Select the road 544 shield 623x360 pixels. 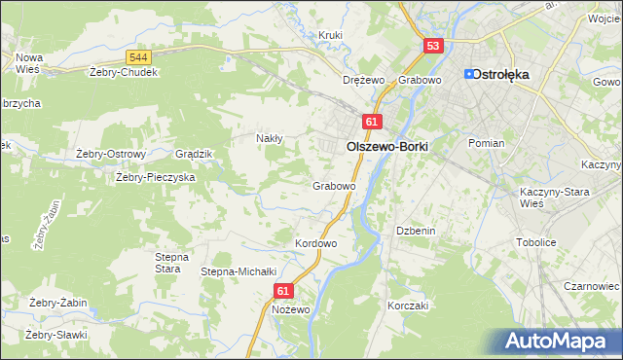point(138,59)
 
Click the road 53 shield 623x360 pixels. point(434,46)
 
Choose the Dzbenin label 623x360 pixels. point(413,231)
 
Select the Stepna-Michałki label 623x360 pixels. point(239,271)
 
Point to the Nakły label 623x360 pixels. point(269,138)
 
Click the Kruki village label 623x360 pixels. point(331,36)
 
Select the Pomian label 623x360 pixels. point(486,143)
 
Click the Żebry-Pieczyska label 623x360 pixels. point(156,178)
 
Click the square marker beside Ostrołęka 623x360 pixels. point(469,74)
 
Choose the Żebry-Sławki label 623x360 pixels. point(57,335)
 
